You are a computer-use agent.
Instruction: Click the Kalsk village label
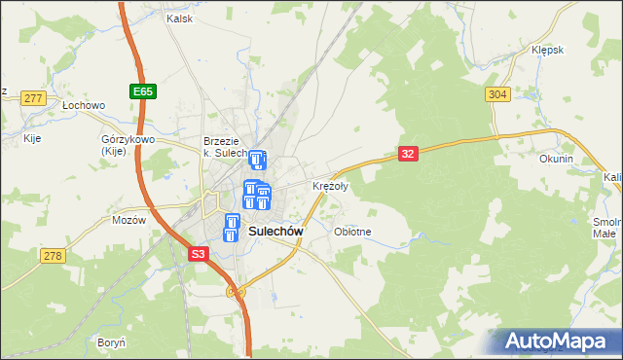coord(179,18)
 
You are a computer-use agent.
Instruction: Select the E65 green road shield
coord(142,91)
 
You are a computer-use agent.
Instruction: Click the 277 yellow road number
coord(34,98)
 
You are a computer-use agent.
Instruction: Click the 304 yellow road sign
coord(496,93)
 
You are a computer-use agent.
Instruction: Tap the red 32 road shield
coord(408,154)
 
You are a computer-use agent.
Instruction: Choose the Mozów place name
coord(128,219)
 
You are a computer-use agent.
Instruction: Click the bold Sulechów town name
coord(277,232)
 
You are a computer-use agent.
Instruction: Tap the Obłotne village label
coord(352,232)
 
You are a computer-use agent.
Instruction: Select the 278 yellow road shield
coord(53,255)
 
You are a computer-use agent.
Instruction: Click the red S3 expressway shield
coord(199,254)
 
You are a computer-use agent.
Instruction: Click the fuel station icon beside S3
coord(232,228)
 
